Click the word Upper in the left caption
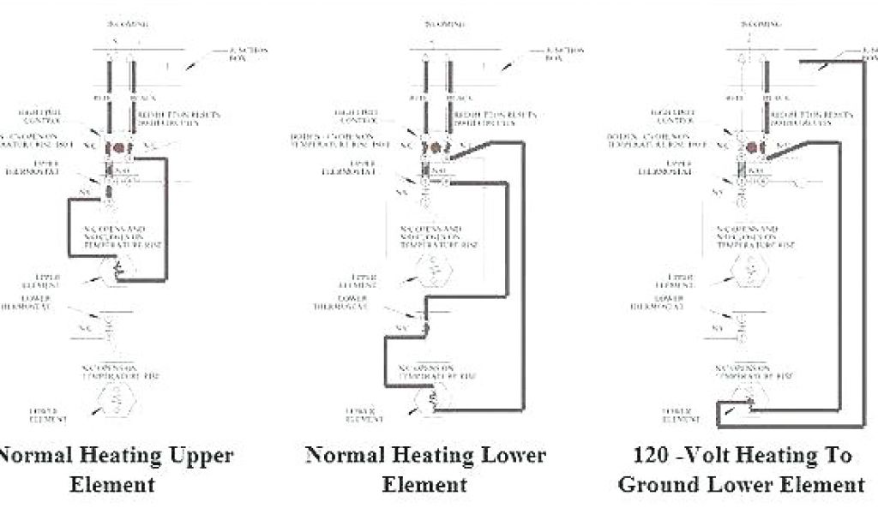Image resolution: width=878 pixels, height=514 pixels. (x=196, y=454)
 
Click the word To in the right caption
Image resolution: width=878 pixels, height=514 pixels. (x=835, y=454)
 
